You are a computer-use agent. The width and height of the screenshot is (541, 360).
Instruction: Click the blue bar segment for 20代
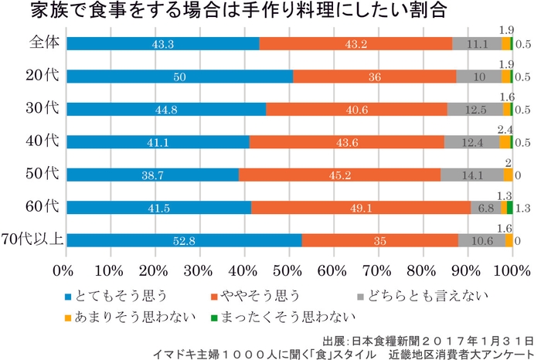click(x=179, y=76)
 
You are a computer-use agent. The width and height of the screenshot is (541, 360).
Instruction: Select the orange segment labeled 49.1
click(x=360, y=207)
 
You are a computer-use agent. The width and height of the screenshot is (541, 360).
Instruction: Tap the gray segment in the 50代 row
click(x=471, y=175)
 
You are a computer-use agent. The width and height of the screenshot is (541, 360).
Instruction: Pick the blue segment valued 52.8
click(x=184, y=240)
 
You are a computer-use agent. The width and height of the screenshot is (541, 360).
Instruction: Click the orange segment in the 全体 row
click(x=356, y=44)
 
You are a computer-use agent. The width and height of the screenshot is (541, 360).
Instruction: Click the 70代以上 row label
click(x=31, y=239)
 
